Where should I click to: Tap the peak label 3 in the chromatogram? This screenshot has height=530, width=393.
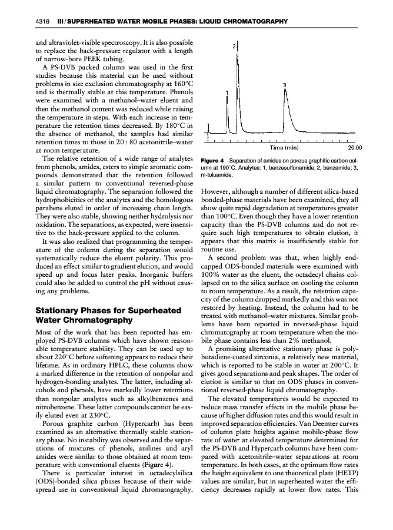point(285,85)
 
